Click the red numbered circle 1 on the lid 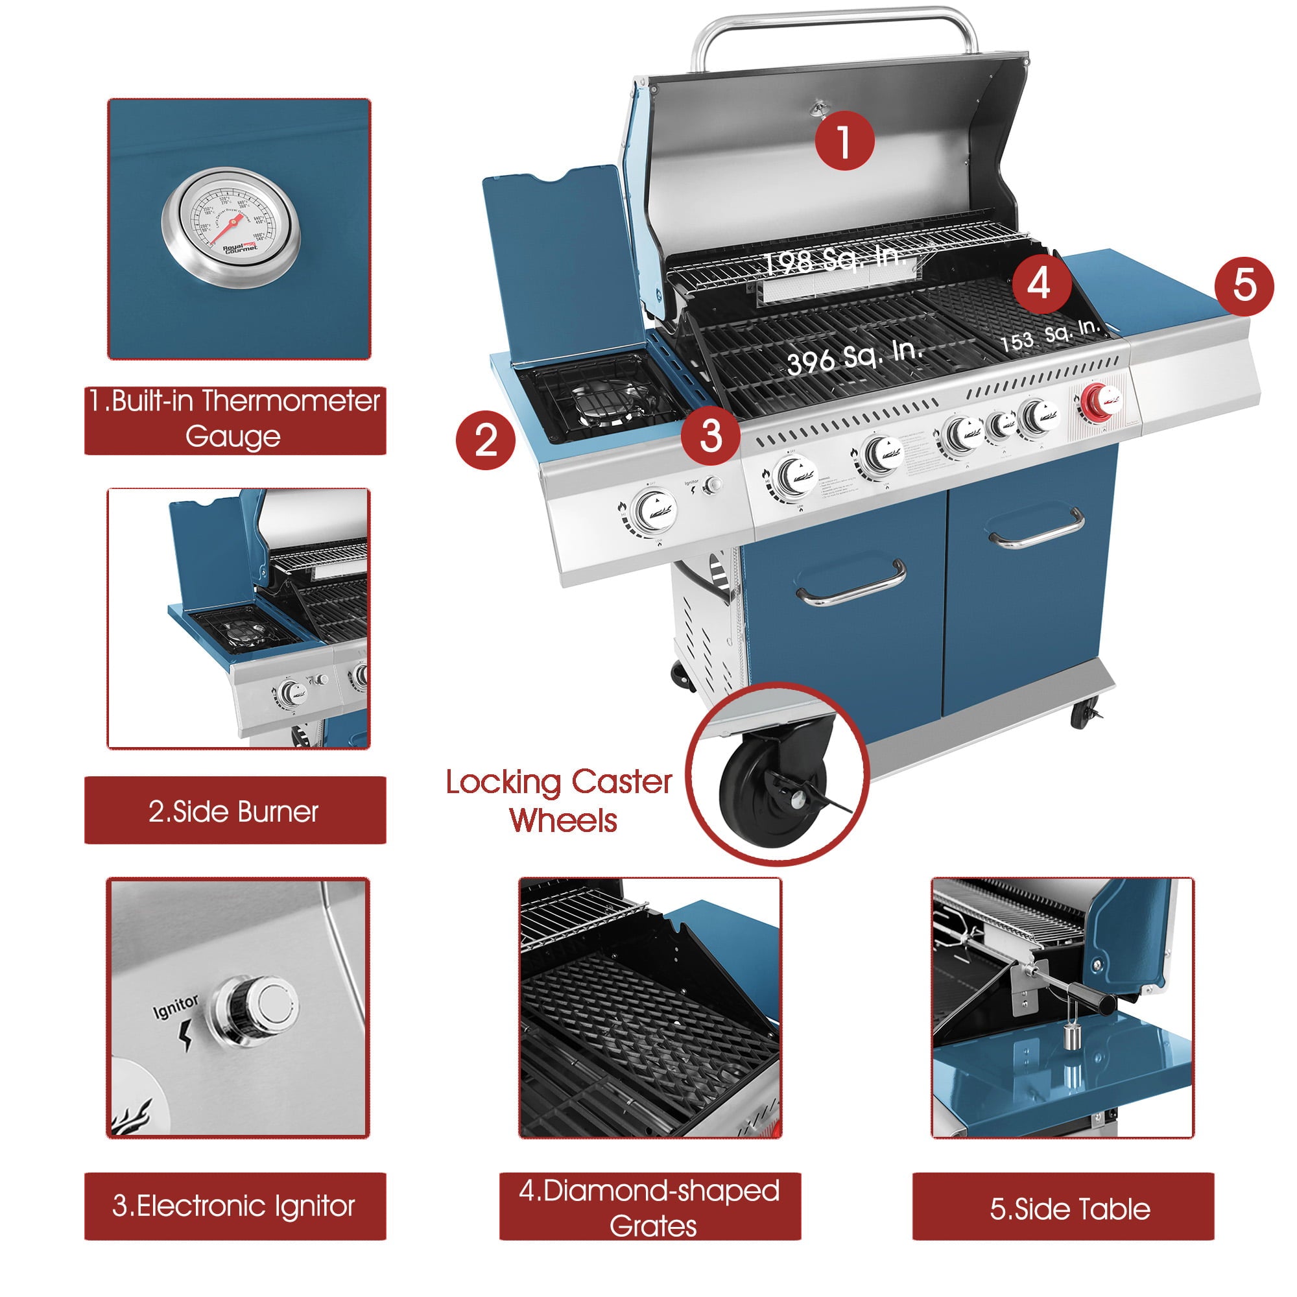point(844,140)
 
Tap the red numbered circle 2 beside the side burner point(485,440)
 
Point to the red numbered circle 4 point(1041,283)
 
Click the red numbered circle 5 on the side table point(1243,286)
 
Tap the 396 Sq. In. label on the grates point(855,357)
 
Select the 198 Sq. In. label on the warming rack point(836,259)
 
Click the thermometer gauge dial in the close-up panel point(230,227)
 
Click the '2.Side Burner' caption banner point(235,811)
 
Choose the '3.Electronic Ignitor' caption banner point(235,1206)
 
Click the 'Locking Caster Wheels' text point(559,800)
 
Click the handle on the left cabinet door point(851,584)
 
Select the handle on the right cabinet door point(1037,529)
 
